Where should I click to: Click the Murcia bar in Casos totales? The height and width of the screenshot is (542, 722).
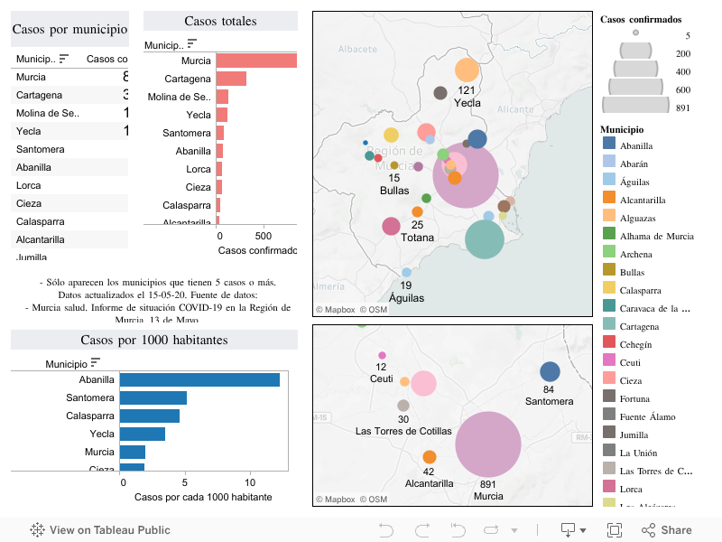click(x=256, y=61)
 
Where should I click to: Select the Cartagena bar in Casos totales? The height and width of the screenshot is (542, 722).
click(x=231, y=79)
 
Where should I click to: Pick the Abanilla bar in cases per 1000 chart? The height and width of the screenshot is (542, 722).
click(x=199, y=380)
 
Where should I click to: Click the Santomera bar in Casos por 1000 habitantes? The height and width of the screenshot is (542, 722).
click(x=153, y=397)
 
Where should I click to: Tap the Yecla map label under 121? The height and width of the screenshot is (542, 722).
click(x=467, y=103)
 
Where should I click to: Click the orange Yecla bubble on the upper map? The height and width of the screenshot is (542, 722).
click(x=467, y=70)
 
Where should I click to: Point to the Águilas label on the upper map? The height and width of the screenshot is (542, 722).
click(x=406, y=297)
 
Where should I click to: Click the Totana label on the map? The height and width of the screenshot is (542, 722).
click(x=417, y=238)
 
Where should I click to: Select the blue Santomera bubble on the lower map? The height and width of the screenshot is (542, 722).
click(x=550, y=372)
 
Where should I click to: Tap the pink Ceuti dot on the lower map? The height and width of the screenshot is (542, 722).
click(x=382, y=355)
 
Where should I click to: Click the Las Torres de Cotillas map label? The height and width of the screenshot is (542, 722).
click(x=403, y=432)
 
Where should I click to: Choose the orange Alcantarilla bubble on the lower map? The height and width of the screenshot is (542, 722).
click(x=430, y=457)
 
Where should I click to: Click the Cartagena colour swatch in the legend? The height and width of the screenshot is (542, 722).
click(x=609, y=326)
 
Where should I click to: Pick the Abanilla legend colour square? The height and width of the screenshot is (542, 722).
click(x=609, y=145)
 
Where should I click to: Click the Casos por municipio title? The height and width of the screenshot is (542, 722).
click(x=69, y=30)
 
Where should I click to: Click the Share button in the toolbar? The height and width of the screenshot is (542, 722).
click(x=667, y=530)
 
